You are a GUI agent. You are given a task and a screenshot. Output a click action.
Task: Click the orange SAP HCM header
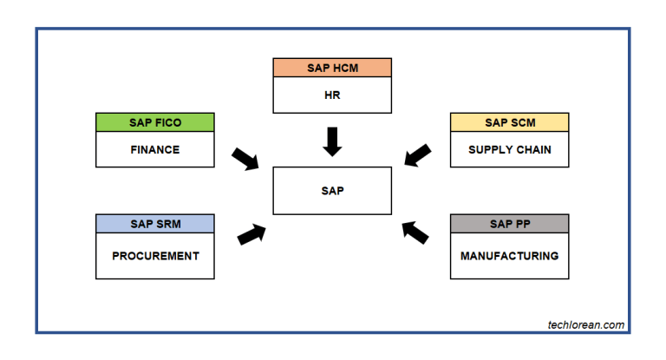[332, 68]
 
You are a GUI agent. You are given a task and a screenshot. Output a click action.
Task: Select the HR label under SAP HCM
[332, 95]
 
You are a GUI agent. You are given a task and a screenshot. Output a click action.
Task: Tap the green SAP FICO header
[155, 122]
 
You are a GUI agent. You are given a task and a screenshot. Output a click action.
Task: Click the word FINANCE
[155, 149]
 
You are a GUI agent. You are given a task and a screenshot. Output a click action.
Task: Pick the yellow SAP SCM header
[510, 122]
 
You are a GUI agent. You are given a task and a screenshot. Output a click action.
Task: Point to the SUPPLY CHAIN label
[510, 149]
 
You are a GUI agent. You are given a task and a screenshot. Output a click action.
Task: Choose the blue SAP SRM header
[155, 225]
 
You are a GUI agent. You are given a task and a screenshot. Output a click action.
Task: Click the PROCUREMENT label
[155, 256]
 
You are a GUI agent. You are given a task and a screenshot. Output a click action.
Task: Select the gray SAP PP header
[510, 225]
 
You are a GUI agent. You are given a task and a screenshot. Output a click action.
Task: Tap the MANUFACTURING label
[510, 256]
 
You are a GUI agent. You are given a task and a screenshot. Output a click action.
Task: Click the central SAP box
[332, 191]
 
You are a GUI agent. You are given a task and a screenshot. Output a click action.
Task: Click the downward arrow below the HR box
[332, 141]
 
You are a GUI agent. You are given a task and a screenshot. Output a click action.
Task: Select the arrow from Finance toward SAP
[245, 159]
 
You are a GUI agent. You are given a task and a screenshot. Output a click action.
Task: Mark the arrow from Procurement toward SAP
[251, 233]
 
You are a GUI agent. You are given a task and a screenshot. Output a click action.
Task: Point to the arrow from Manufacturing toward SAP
[415, 232]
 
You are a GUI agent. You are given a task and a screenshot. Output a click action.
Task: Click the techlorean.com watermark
[585, 325]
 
